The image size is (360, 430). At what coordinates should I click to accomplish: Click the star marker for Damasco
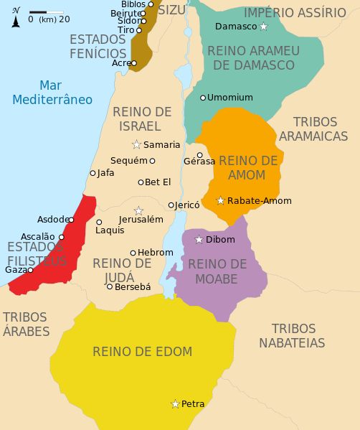(x=263, y=27)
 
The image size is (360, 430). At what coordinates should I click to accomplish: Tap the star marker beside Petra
(x=175, y=404)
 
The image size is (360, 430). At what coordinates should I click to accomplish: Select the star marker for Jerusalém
(x=138, y=210)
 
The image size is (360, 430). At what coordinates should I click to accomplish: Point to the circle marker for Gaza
(x=30, y=270)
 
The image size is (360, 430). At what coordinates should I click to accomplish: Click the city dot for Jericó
(x=171, y=205)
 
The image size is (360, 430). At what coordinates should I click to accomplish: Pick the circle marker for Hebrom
(x=133, y=253)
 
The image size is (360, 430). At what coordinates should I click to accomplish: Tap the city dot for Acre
(x=134, y=63)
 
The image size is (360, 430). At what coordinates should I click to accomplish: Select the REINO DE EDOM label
(x=142, y=351)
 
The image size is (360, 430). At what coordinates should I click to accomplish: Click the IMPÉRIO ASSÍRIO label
(x=295, y=12)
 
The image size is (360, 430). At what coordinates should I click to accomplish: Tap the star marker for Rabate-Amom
(x=221, y=200)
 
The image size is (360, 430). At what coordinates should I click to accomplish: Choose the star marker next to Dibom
(x=199, y=239)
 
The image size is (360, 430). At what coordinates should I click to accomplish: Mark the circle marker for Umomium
(x=203, y=97)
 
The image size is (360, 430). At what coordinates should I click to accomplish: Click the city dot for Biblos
(x=151, y=4)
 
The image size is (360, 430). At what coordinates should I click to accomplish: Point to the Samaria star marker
(x=136, y=144)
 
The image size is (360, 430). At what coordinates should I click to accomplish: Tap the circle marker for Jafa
(x=93, y=173)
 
